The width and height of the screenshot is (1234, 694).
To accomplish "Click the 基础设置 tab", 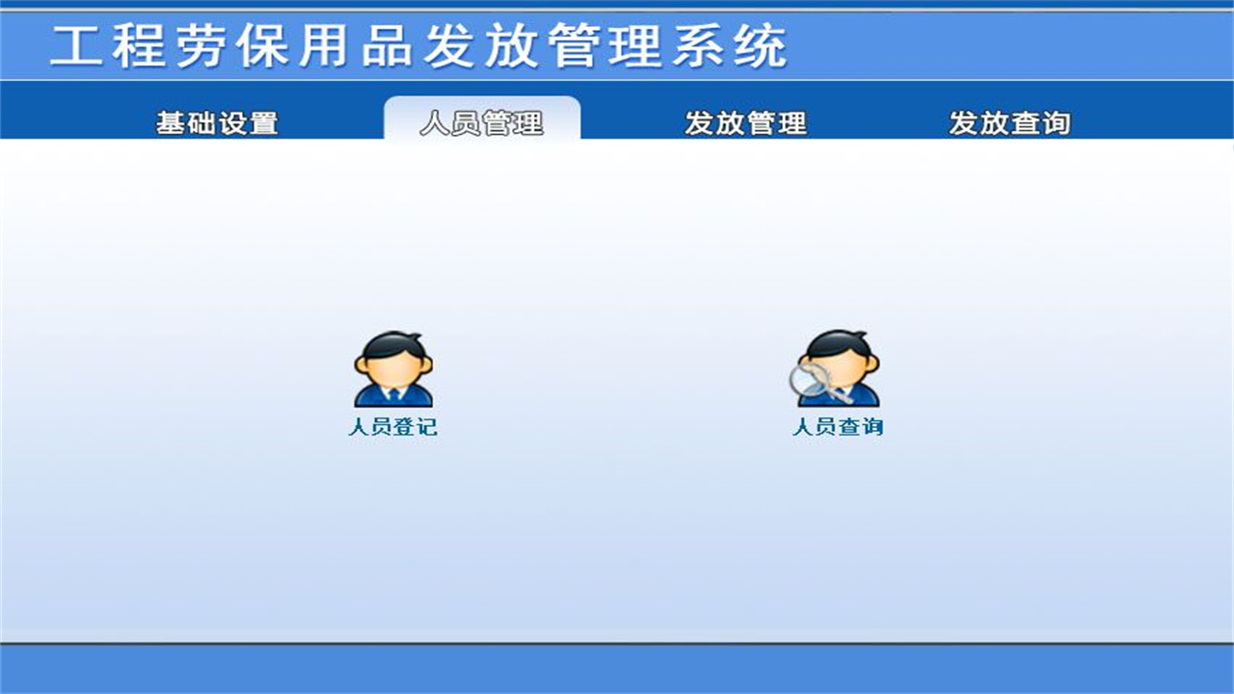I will click(x=217, y=123).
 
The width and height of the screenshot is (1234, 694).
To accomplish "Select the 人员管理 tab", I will click(x=482, y=123).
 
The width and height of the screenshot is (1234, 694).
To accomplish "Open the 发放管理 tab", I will click(x=745, y=123).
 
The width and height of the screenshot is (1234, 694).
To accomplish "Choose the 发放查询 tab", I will click(x=1009, y=123).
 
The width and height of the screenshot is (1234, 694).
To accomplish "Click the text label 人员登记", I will click(x=392, y=427).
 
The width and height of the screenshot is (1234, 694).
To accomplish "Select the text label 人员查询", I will click(x=837, y=427).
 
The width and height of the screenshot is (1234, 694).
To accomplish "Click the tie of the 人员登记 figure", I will click(x=393, y=394).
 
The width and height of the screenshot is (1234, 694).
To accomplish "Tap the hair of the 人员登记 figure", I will click(x=392, y=341).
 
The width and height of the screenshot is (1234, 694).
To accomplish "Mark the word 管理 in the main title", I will click(x=605, y=45).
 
